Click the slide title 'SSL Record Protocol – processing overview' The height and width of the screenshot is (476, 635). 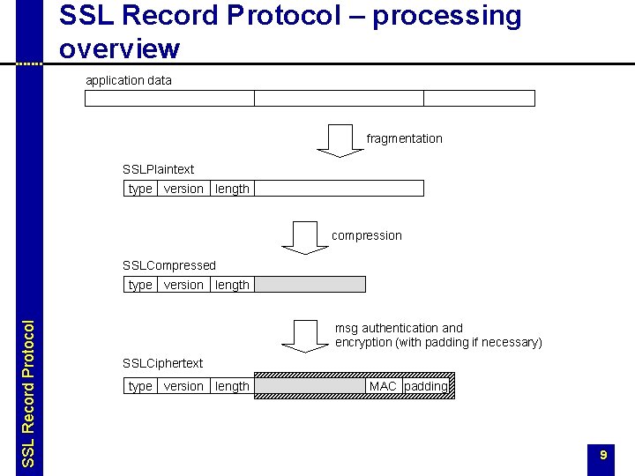pos(291,31)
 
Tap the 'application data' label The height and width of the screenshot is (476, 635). pos(129,80)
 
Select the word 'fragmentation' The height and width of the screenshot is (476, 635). pos(404,138)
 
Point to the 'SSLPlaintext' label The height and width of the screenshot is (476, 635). pos(158,169)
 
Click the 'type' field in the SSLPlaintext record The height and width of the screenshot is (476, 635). pos(140,189)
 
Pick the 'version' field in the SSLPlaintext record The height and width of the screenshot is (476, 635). pos(183,189)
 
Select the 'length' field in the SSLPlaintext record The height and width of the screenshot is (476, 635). pos(232,189)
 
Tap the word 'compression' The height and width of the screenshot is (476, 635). pos(366,235)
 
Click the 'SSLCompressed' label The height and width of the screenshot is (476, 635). pos(168,265)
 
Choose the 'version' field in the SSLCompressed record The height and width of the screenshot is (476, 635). pos(183,285)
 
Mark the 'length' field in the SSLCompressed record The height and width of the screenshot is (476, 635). pos(232,285)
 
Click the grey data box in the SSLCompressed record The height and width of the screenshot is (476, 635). pos(310,285)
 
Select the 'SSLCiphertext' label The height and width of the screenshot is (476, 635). pos(162,363)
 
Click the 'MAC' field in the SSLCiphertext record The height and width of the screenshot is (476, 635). pos(383,386)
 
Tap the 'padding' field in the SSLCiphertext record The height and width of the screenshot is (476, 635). pos(426,386)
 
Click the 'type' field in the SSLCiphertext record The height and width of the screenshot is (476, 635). pos(140,386)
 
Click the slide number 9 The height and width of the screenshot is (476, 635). pos(603,455)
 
